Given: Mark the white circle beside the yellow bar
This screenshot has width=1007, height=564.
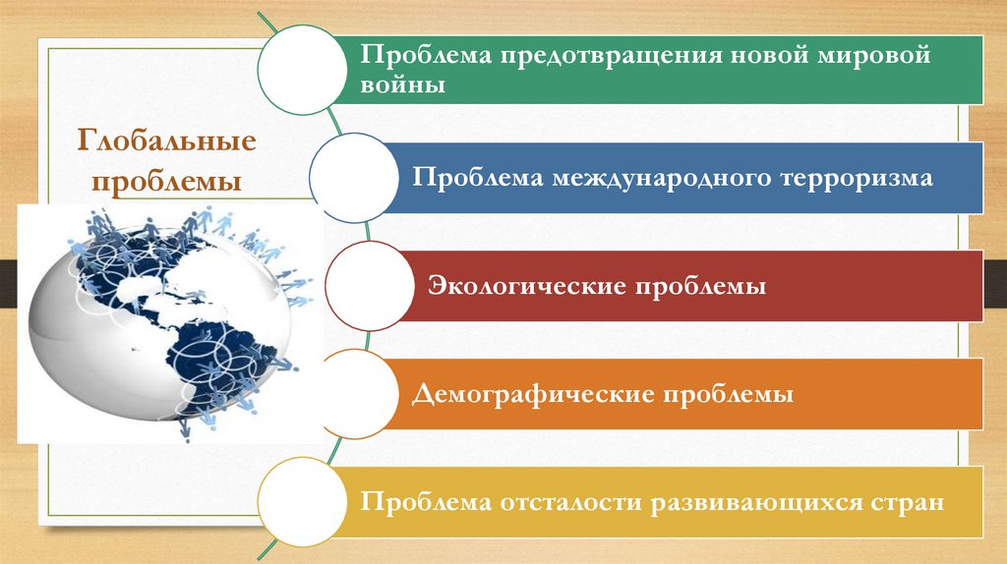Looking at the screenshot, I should [303, 502].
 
